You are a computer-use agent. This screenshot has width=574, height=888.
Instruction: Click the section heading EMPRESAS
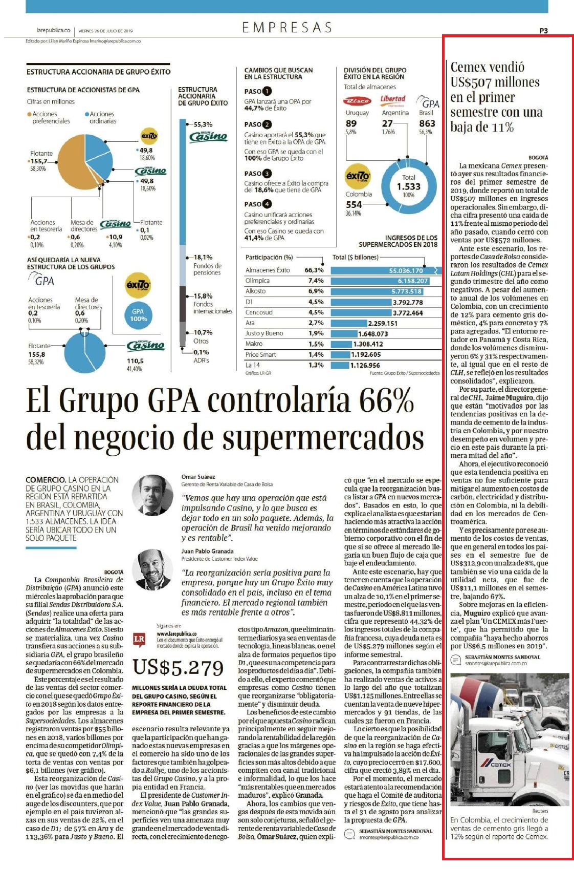(286, 27)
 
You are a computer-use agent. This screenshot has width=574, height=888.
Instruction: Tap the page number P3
(543, 31)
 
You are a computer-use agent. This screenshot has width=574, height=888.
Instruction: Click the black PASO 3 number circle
(267, 174)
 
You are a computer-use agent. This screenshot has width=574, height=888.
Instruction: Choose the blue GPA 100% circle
(138, 315)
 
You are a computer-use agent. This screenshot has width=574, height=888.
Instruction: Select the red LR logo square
(139, 639)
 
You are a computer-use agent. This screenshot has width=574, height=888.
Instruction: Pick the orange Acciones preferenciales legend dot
(29, 114)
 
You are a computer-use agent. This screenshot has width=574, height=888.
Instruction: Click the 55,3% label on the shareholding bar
(203, 124)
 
